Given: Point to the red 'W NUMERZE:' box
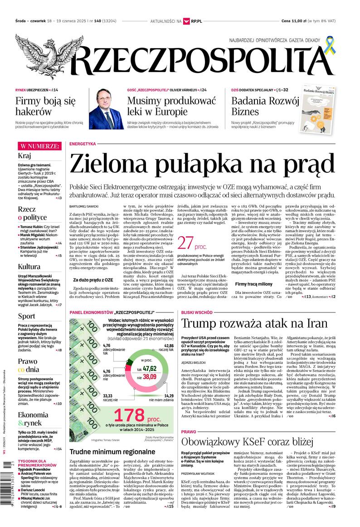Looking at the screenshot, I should (39, 146).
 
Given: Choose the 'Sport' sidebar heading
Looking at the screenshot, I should (26, 316).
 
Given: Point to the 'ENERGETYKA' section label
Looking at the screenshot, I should (83, 144).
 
